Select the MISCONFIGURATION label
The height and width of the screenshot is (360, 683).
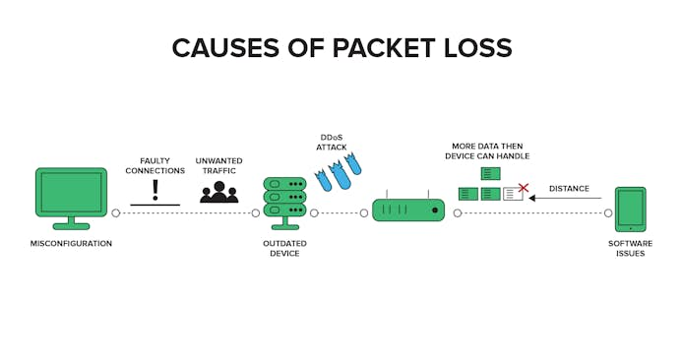click(x=71, y=243)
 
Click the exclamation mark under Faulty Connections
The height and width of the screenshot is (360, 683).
click(x=155, y=190)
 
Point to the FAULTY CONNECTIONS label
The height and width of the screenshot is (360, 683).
click(x=155, y=166)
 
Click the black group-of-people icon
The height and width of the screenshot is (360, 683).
click(x=219, y=192)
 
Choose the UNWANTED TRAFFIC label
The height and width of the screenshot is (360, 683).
click(x=219, y=166)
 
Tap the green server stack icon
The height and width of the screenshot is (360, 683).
click(x=284, y=203)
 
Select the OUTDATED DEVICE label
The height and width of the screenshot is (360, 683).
click(x=284, y=248)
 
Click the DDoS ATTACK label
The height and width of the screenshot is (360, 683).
click(x=332, y=143)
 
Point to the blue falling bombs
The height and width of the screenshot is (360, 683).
click(x=338, y=173)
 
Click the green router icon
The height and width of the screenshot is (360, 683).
click(x=408, y=208)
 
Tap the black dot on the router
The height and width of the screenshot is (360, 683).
click(x=435, y=210)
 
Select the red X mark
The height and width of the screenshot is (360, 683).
click(x=524, y=188)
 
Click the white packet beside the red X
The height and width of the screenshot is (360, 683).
click(x=513, y=194)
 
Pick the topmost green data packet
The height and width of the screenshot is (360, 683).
click(x=491, y=174)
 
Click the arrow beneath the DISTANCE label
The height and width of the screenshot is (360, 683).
click(x=565, y=198)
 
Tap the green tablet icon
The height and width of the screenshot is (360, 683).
click(x=630, y=210)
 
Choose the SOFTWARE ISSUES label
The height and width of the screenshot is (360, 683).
click(x=630, y=248)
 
